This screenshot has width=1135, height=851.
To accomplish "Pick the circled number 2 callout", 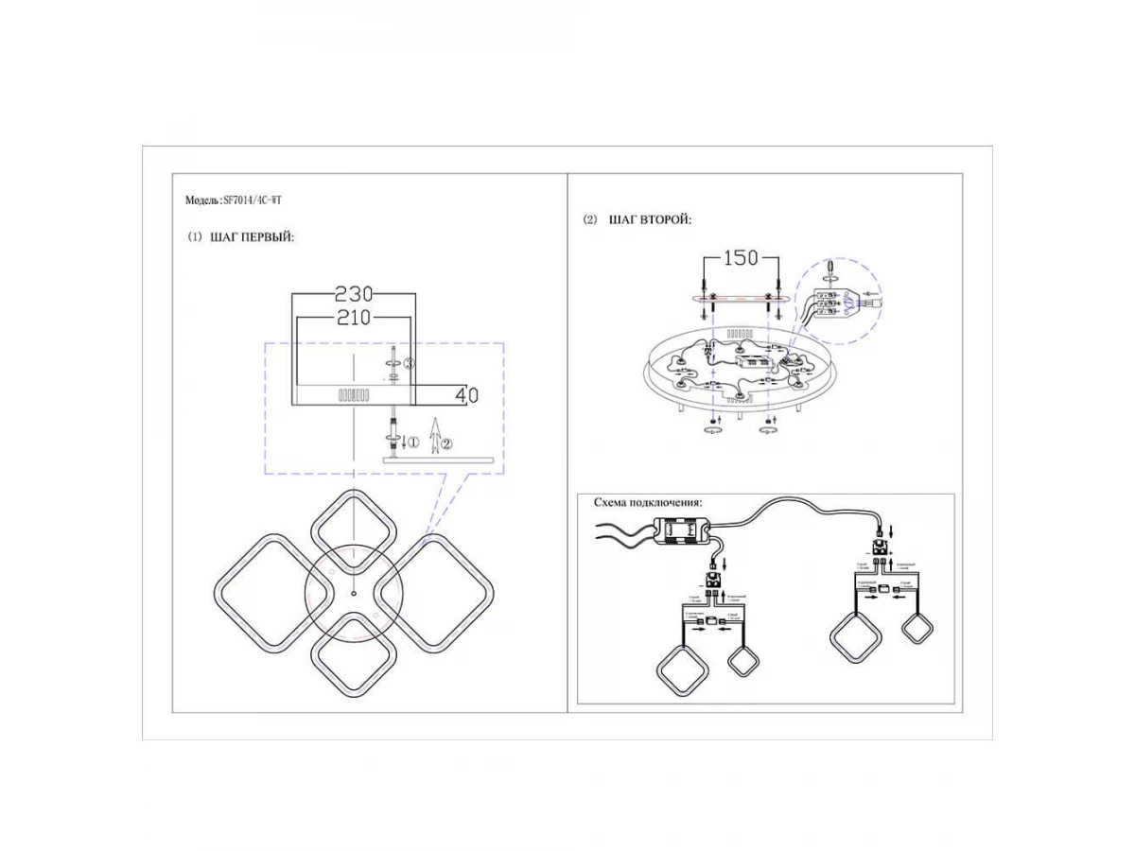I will pyautogui.click(x=447, y=442).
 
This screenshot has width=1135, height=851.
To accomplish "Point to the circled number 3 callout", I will pyautogui.click(x=409, y=363).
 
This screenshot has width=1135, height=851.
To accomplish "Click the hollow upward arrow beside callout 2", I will pyautogui.click(x=434, y=437).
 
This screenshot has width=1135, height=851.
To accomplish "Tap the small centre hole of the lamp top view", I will pyautogui.click(x=353, y=594).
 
